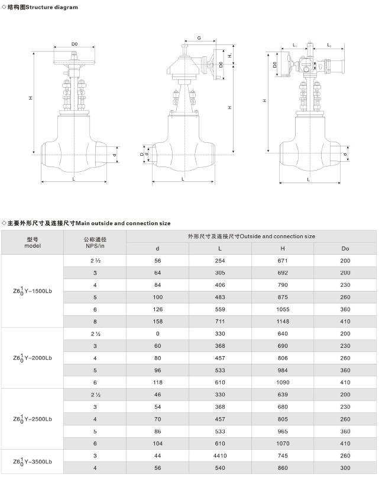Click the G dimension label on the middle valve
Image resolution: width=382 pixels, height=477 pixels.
(199, 38)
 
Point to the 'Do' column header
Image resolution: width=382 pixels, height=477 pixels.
(345, 248)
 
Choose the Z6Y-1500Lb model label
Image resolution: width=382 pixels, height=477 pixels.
(32, 290)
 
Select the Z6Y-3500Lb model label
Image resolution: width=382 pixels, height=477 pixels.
(32, 459)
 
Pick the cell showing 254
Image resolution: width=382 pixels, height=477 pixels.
(220, 260)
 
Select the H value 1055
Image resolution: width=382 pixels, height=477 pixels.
(282, 309)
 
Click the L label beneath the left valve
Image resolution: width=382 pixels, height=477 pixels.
(73, 178)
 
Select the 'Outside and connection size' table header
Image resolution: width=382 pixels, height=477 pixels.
(251, 236)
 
